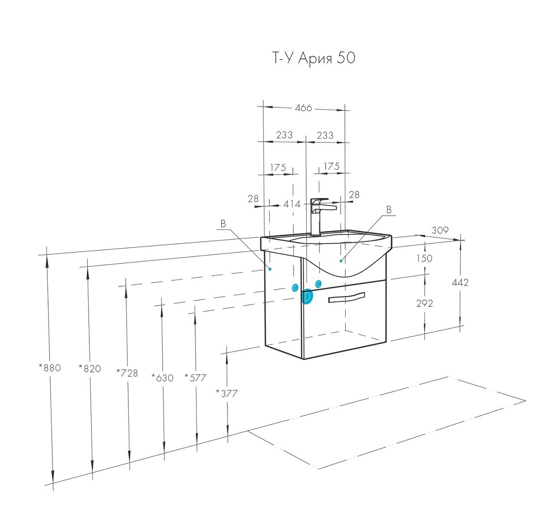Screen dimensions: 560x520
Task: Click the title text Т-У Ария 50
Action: [x=314, y=58]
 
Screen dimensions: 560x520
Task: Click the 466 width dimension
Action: [x=303, y=107]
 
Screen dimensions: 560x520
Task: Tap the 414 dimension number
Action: [x=292, y=204]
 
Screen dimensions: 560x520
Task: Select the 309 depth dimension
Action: [x=440, y=230]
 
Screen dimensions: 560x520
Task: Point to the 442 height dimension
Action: [x=460, y=282]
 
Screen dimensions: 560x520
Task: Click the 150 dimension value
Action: [x=424, y=258]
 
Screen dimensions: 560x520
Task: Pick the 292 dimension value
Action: [x=424, y=303]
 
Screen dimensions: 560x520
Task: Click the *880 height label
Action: [x=49, y=367]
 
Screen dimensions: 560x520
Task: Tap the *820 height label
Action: [x=90, y=368]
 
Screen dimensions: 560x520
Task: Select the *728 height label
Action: [x=127, y=373]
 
